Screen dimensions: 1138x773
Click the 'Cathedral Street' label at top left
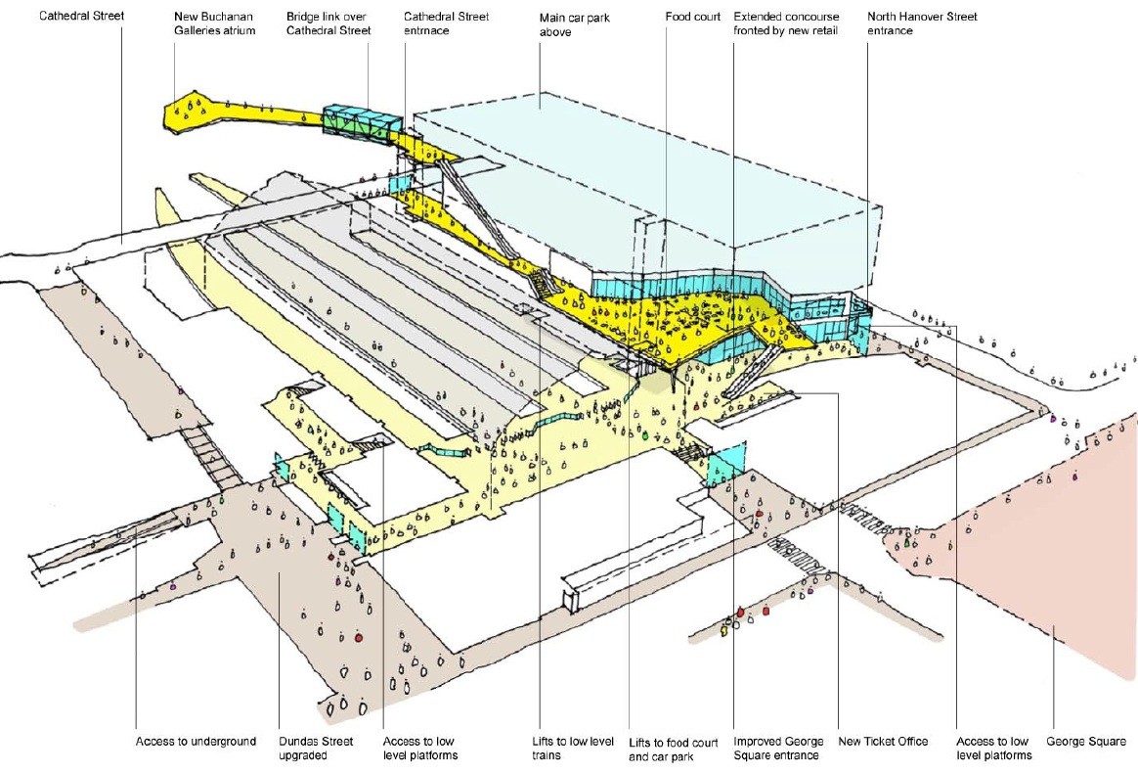click(81, 16)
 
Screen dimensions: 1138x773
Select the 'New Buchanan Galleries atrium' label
click(215, 23)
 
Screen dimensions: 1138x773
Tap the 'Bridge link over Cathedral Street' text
click(328, 23)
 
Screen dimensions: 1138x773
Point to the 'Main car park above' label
click(575, 24)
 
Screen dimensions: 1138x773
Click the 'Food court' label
click(693, 16)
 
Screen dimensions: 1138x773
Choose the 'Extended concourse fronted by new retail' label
click(786, 23)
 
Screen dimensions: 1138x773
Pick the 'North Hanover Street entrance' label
click(923, 23)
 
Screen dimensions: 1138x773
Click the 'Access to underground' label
click(196, 741)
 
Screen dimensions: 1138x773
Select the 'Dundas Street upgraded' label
click(316, 749)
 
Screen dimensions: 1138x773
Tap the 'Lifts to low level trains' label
click(573, 749)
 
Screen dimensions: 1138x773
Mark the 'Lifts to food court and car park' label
click(673, 749)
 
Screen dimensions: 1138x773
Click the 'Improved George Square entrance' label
click(778, 749)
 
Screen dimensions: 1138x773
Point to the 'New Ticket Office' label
click(883, 741)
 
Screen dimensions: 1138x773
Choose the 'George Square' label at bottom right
click(1086, 741)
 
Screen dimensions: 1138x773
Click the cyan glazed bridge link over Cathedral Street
click(362, 120)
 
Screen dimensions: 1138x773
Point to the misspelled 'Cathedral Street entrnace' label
click(447, 23)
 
